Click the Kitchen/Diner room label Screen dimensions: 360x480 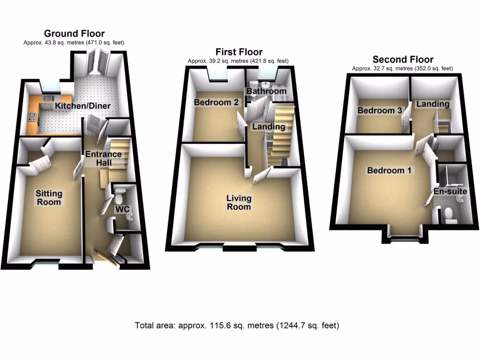point(83,106)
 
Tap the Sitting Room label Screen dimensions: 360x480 point(49,197)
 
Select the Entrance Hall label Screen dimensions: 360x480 point(103,158)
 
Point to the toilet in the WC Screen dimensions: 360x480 point(120,192)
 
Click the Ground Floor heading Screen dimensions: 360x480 point(74,33)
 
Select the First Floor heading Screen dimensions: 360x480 point(239,52)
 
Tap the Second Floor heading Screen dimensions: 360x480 point(403,60)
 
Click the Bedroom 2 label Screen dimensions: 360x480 point(217,102)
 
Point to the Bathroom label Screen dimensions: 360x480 point(266,91)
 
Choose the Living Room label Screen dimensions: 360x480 point(239,202)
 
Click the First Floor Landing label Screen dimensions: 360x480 point(269,127)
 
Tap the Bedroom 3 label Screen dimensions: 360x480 point(379,111)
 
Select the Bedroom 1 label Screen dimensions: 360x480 point(389,171)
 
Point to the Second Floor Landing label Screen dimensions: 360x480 point(433,104)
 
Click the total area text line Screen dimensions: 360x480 point(237,325)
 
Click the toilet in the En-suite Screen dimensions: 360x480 point(450,213)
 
